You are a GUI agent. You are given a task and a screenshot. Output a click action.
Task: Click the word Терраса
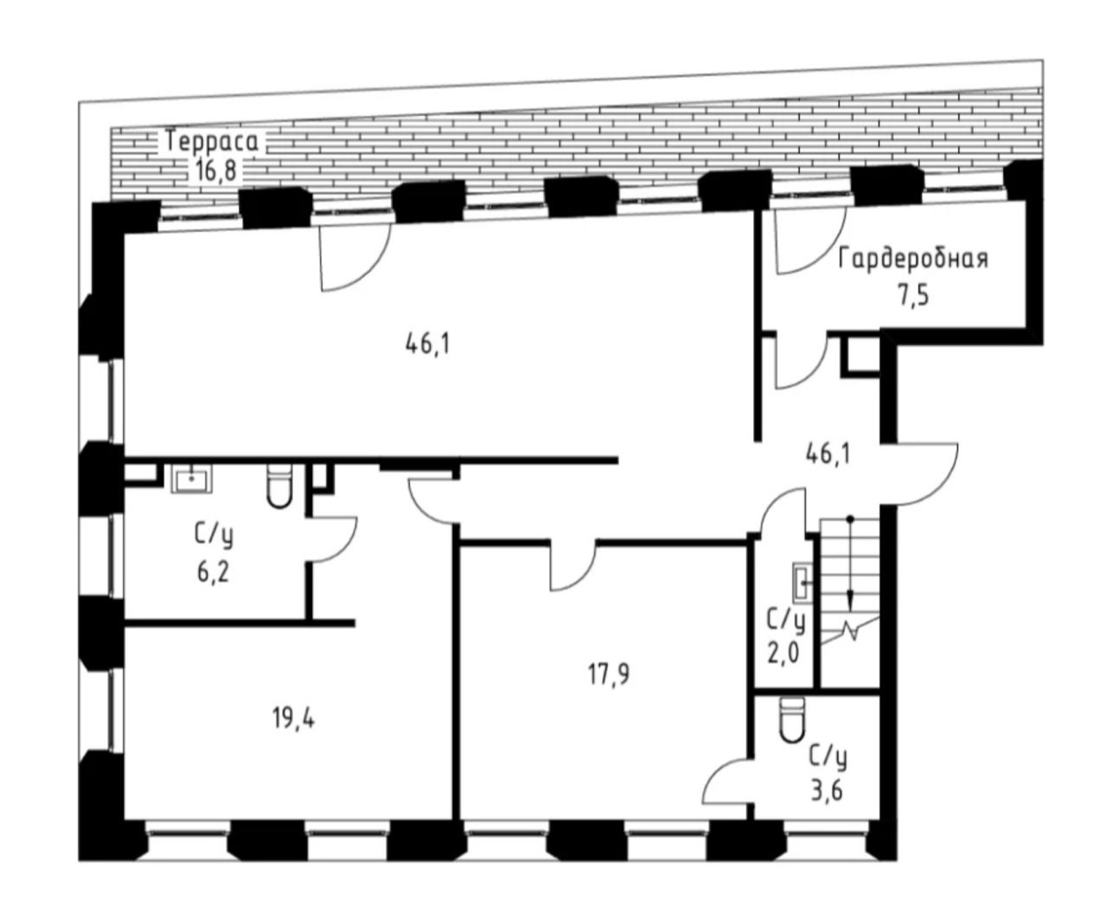click(212, 142)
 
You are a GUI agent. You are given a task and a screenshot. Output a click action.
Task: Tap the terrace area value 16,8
click(216, 170)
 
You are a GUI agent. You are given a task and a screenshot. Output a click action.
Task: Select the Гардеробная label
click(912, 260)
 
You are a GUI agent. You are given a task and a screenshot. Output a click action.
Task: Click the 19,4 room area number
click(293, 719)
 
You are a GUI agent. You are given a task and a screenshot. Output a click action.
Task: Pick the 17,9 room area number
click(609, 674)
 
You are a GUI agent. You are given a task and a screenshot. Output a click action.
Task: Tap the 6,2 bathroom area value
click(213, 573)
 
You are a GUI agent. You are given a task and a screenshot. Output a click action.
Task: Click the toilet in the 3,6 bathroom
click(792, 719)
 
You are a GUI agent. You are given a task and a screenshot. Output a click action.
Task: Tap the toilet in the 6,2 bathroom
click(279, 486)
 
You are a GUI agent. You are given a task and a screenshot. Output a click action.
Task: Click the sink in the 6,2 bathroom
click(191, 479)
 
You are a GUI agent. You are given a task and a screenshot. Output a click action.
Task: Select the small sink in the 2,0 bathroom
click(802, 583)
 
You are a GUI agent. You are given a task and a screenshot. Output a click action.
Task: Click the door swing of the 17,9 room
click(573, 566)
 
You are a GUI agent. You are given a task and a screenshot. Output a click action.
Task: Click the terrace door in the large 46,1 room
click(356, 258)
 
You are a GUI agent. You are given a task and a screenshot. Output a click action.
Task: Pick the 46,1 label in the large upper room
click(428, 344)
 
